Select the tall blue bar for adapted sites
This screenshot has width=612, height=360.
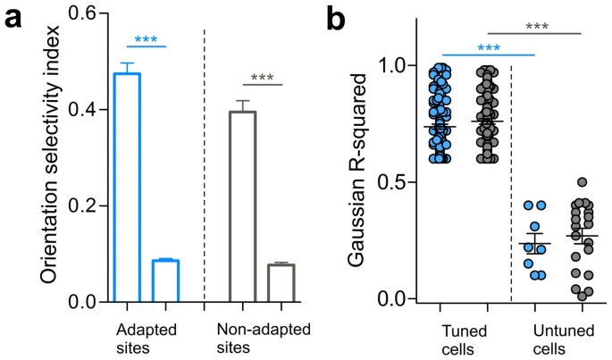127,188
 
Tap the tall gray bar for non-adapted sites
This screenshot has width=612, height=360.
242,206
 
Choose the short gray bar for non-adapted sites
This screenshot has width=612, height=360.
281,283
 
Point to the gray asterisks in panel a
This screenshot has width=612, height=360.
262,78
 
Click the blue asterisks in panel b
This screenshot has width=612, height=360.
489,48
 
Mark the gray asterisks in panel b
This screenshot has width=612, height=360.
536,27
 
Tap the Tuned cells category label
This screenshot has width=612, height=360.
465,335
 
